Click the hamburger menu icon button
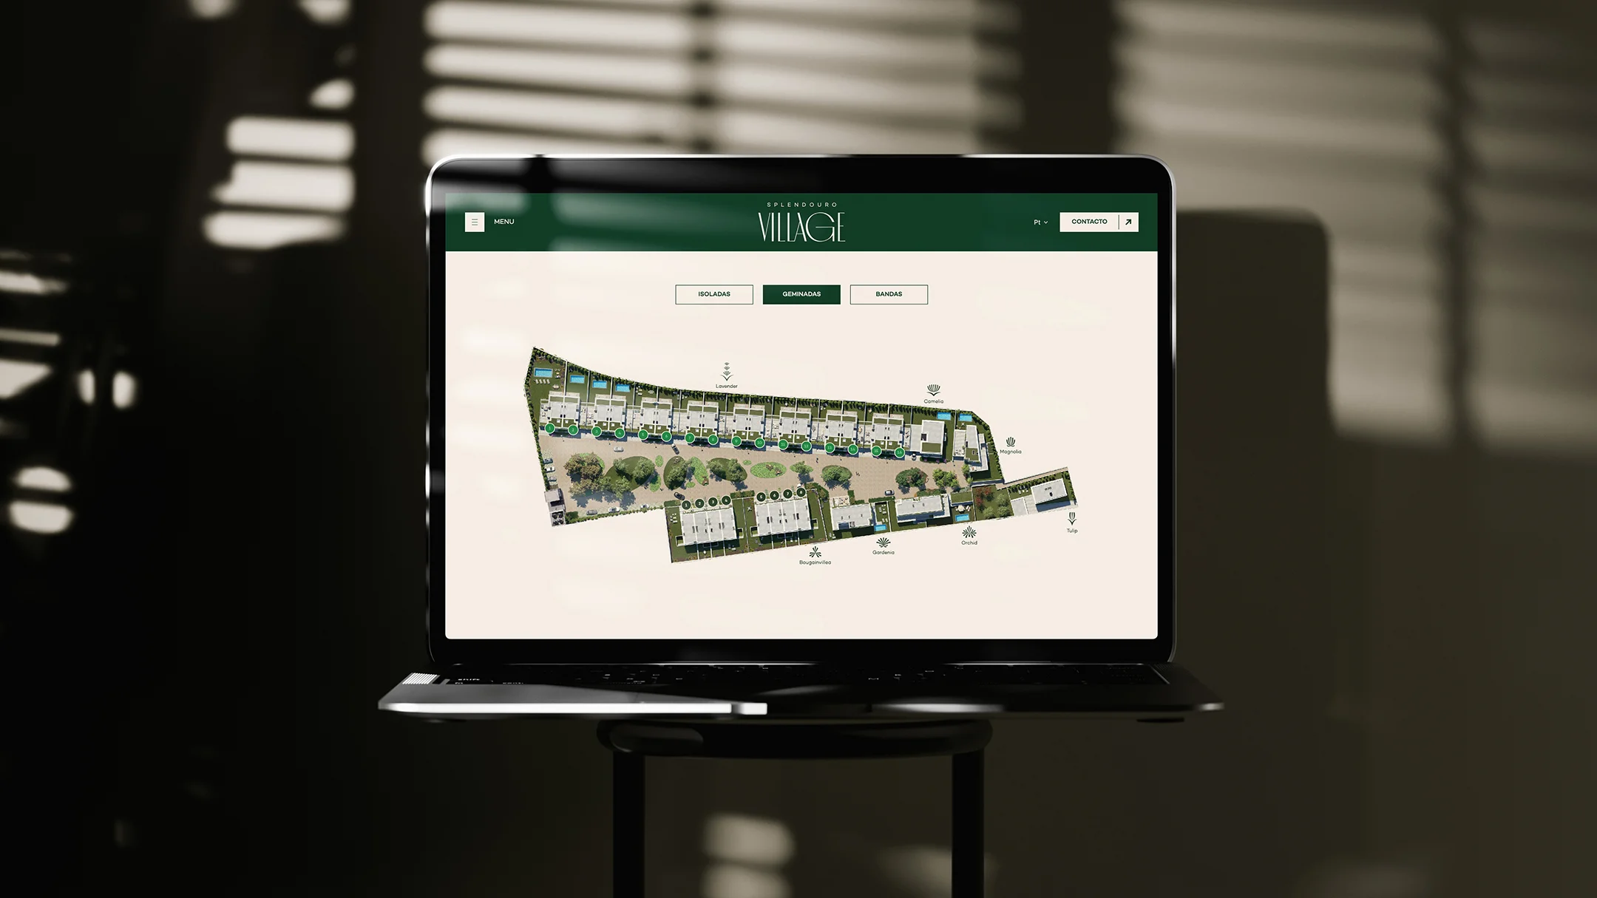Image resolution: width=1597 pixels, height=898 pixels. tap(475, 222)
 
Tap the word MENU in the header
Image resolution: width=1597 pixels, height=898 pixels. tap(503, 222)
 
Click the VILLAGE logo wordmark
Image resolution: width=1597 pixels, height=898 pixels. tap(801, 227)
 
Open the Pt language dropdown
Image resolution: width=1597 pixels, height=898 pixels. tap(1040, 222)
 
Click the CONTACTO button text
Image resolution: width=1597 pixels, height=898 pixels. tap(1089, 222)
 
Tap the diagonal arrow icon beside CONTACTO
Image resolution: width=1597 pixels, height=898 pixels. tap(1128, 222)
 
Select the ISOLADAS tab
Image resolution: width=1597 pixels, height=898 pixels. tap(714, 294)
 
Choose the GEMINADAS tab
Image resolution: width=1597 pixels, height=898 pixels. tap(801, 294)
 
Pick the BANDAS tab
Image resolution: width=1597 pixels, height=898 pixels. tap(889, 294)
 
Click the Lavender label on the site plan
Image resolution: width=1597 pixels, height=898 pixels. tap(727, 387)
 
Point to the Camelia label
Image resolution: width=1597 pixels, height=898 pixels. tap(934, 402)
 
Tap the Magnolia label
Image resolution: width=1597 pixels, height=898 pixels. tap(1011, 452)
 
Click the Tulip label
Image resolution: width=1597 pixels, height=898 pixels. tap(1072, 531)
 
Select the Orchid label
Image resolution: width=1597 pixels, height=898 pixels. tap(969, 542)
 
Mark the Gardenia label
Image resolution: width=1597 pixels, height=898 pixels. tap(884, 553)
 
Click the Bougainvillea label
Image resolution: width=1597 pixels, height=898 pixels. tap(815, 562)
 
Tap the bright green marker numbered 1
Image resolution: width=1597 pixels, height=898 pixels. tap(550, 428)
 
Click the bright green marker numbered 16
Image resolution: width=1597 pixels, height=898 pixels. tap(900, 452)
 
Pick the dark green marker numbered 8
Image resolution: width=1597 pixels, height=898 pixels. tap(801, 492)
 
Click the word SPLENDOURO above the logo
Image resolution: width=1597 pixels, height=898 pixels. tap(801, 205)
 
